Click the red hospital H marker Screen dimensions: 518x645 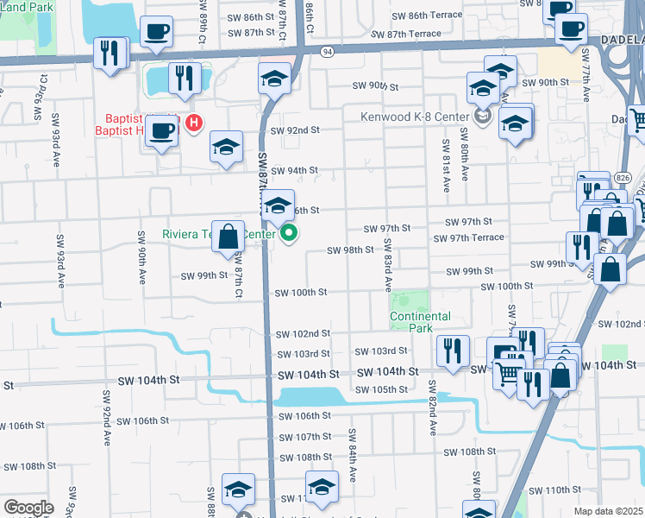pyautogui.click(x=194, y=123)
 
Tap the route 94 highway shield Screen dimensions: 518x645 pyautogui.click(x=328, y=52)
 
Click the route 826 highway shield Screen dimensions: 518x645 pyautogui.click(x=622, y=178)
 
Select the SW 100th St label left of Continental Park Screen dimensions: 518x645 pyautogui.click(x=301, y=293)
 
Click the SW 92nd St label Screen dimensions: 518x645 pyautogui.click(x=295, y=130)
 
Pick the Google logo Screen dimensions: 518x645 pyautogui.click(x=28, y=508)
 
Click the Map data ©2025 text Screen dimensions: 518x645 pyautogui.click(x=608, y=511)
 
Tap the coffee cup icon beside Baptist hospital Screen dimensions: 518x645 pyautogui.click(x=161, y=131)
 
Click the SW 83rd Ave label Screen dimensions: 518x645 pyautogui.click(x=388, y=264)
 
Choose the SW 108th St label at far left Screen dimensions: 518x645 pyautogui.click(x=28, y=465)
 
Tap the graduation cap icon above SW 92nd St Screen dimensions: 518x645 pyautogui.click(x=274, y=79)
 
